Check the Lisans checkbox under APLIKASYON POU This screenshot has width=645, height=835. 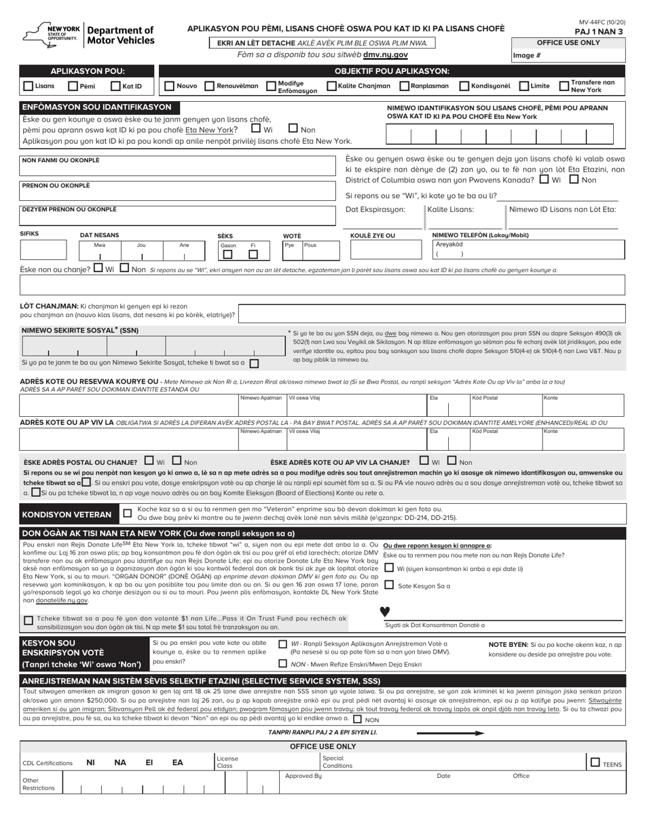click(29, 86)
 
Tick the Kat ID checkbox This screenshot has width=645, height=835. click(116, 86)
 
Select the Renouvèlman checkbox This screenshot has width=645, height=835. click(210, 86)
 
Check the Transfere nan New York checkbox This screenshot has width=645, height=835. click(564, 86)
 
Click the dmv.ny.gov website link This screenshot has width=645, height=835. click(386, 54)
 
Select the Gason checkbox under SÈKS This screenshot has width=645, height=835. click(228, 255)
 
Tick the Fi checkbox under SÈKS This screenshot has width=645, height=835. click(253, 255)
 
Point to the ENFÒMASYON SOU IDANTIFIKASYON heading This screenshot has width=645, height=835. click(97, 107)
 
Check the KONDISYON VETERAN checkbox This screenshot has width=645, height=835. click(126, 514)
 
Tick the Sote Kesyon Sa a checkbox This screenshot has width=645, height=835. click(389, 584)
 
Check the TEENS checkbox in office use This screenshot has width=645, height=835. click(595, 762)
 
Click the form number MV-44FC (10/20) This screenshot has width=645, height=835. click(602, 23)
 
